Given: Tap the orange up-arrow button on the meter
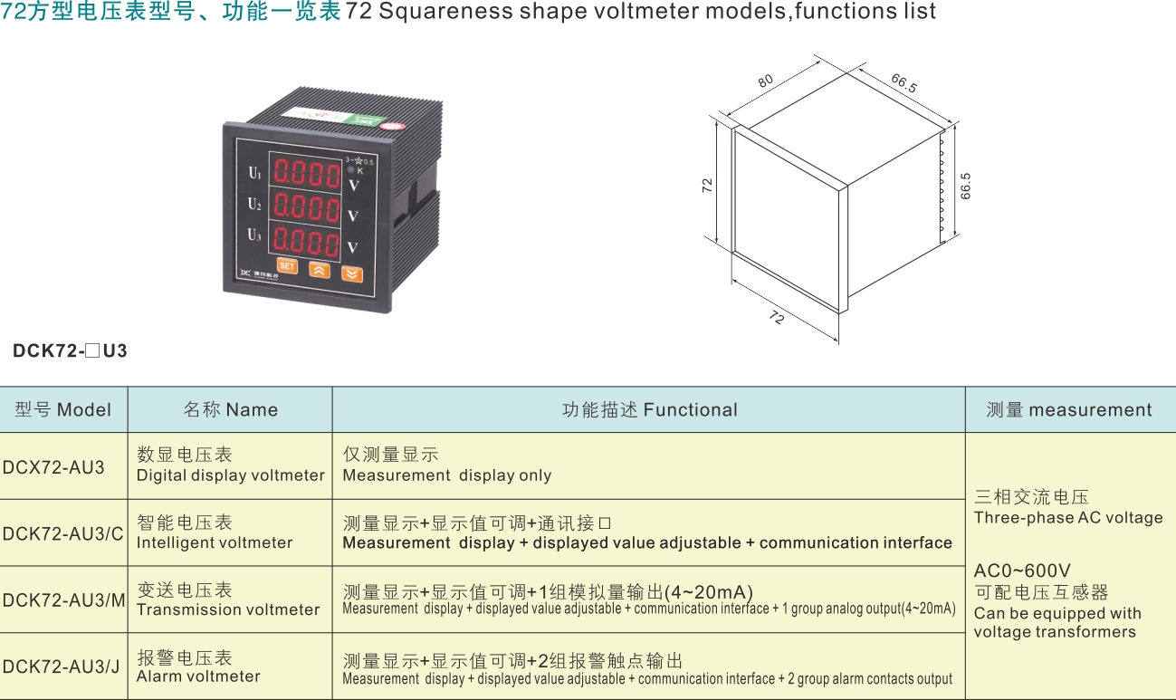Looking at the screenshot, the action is [320, 270].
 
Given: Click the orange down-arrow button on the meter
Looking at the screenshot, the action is [352, 274].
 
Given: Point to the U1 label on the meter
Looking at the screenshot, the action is [254, 173].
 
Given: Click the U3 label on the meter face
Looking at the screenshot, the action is [254, 235].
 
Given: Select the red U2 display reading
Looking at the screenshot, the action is [307, 207].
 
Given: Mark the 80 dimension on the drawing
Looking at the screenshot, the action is [766, 81].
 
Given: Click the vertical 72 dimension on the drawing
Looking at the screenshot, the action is [707, 186].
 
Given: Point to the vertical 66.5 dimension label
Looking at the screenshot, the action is [965, 186].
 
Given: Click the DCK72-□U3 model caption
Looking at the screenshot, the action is [71, 350].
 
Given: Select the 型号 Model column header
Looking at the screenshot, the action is [63, 409].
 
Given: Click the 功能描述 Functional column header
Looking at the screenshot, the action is [649, 409].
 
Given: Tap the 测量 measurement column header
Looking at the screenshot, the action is [1069, 409].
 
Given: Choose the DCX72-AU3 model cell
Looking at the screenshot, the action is [53, 467].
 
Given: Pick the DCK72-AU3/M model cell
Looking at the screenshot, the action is [63, 599].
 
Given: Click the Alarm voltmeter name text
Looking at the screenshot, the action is [198, 676].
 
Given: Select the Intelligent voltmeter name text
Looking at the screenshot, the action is [215, 542].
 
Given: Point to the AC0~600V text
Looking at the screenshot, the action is [1022, 571].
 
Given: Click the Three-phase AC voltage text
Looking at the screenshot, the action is [1068, 518].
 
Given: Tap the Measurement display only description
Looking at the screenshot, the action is [447, 475].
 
